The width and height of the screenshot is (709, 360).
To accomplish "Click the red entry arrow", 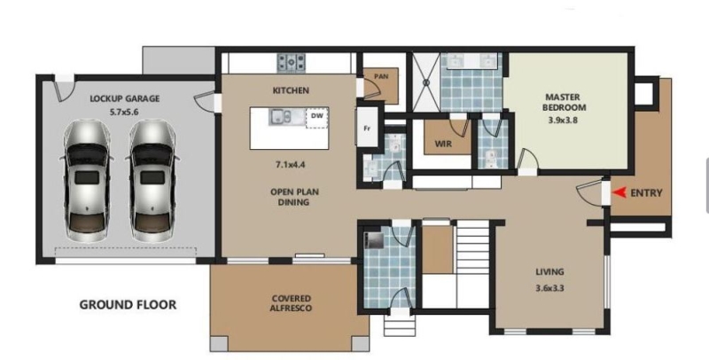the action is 619,192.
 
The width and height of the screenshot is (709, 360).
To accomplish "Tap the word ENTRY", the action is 646,193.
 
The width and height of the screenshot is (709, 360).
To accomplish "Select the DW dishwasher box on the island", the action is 317,118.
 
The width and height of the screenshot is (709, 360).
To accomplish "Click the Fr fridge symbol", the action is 367,128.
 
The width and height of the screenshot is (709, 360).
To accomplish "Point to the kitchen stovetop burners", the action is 292,62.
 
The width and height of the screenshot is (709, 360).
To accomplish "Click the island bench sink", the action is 281,117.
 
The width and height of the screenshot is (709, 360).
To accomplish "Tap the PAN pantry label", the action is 381,77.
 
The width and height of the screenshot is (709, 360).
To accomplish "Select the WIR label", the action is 444,145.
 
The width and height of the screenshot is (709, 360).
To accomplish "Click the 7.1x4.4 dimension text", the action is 291,165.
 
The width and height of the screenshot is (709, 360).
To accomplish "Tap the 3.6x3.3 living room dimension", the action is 549,287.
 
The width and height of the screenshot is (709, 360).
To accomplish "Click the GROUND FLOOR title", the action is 128,305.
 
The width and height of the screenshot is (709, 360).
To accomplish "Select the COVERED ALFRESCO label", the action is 292,303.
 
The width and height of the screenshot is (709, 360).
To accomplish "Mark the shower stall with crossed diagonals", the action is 425,82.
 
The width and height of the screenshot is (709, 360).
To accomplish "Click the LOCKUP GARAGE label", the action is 125,98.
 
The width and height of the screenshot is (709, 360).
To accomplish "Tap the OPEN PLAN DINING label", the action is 294,197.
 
